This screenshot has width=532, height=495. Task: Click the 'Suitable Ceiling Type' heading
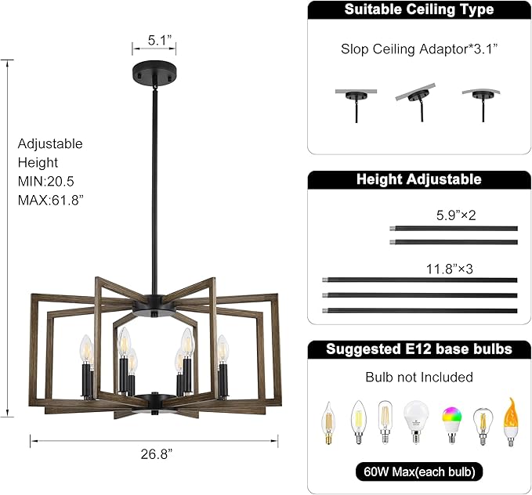tap(419, 10)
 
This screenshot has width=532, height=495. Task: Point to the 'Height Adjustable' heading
tap(419, 179)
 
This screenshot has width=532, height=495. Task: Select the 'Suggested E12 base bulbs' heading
tap(419, 349)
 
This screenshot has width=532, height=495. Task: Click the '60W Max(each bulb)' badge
tap(419, 472)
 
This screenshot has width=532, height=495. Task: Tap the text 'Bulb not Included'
tap(419, 378)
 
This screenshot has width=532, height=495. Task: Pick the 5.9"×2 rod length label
tap(456, 215)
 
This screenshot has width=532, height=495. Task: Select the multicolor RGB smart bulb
tap(451, 423)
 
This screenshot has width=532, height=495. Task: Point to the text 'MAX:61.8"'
tap(50, 200)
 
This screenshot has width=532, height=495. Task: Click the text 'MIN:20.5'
tap(47, 181)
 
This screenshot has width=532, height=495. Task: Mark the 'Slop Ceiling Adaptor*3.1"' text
tap(419, 49)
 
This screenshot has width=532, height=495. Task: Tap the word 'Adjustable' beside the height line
tap(50, 144)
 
